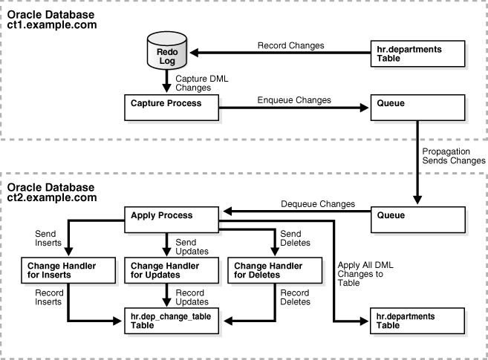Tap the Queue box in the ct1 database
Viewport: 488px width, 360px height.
419,108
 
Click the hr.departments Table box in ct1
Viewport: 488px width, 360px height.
419,53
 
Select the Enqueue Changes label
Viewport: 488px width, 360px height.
293,99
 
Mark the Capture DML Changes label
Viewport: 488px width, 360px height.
193,82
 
